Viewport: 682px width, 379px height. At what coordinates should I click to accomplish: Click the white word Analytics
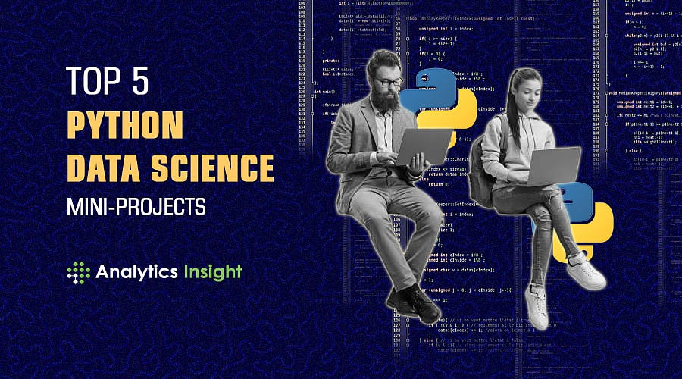133,272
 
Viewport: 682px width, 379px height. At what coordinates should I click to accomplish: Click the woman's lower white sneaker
535,305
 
